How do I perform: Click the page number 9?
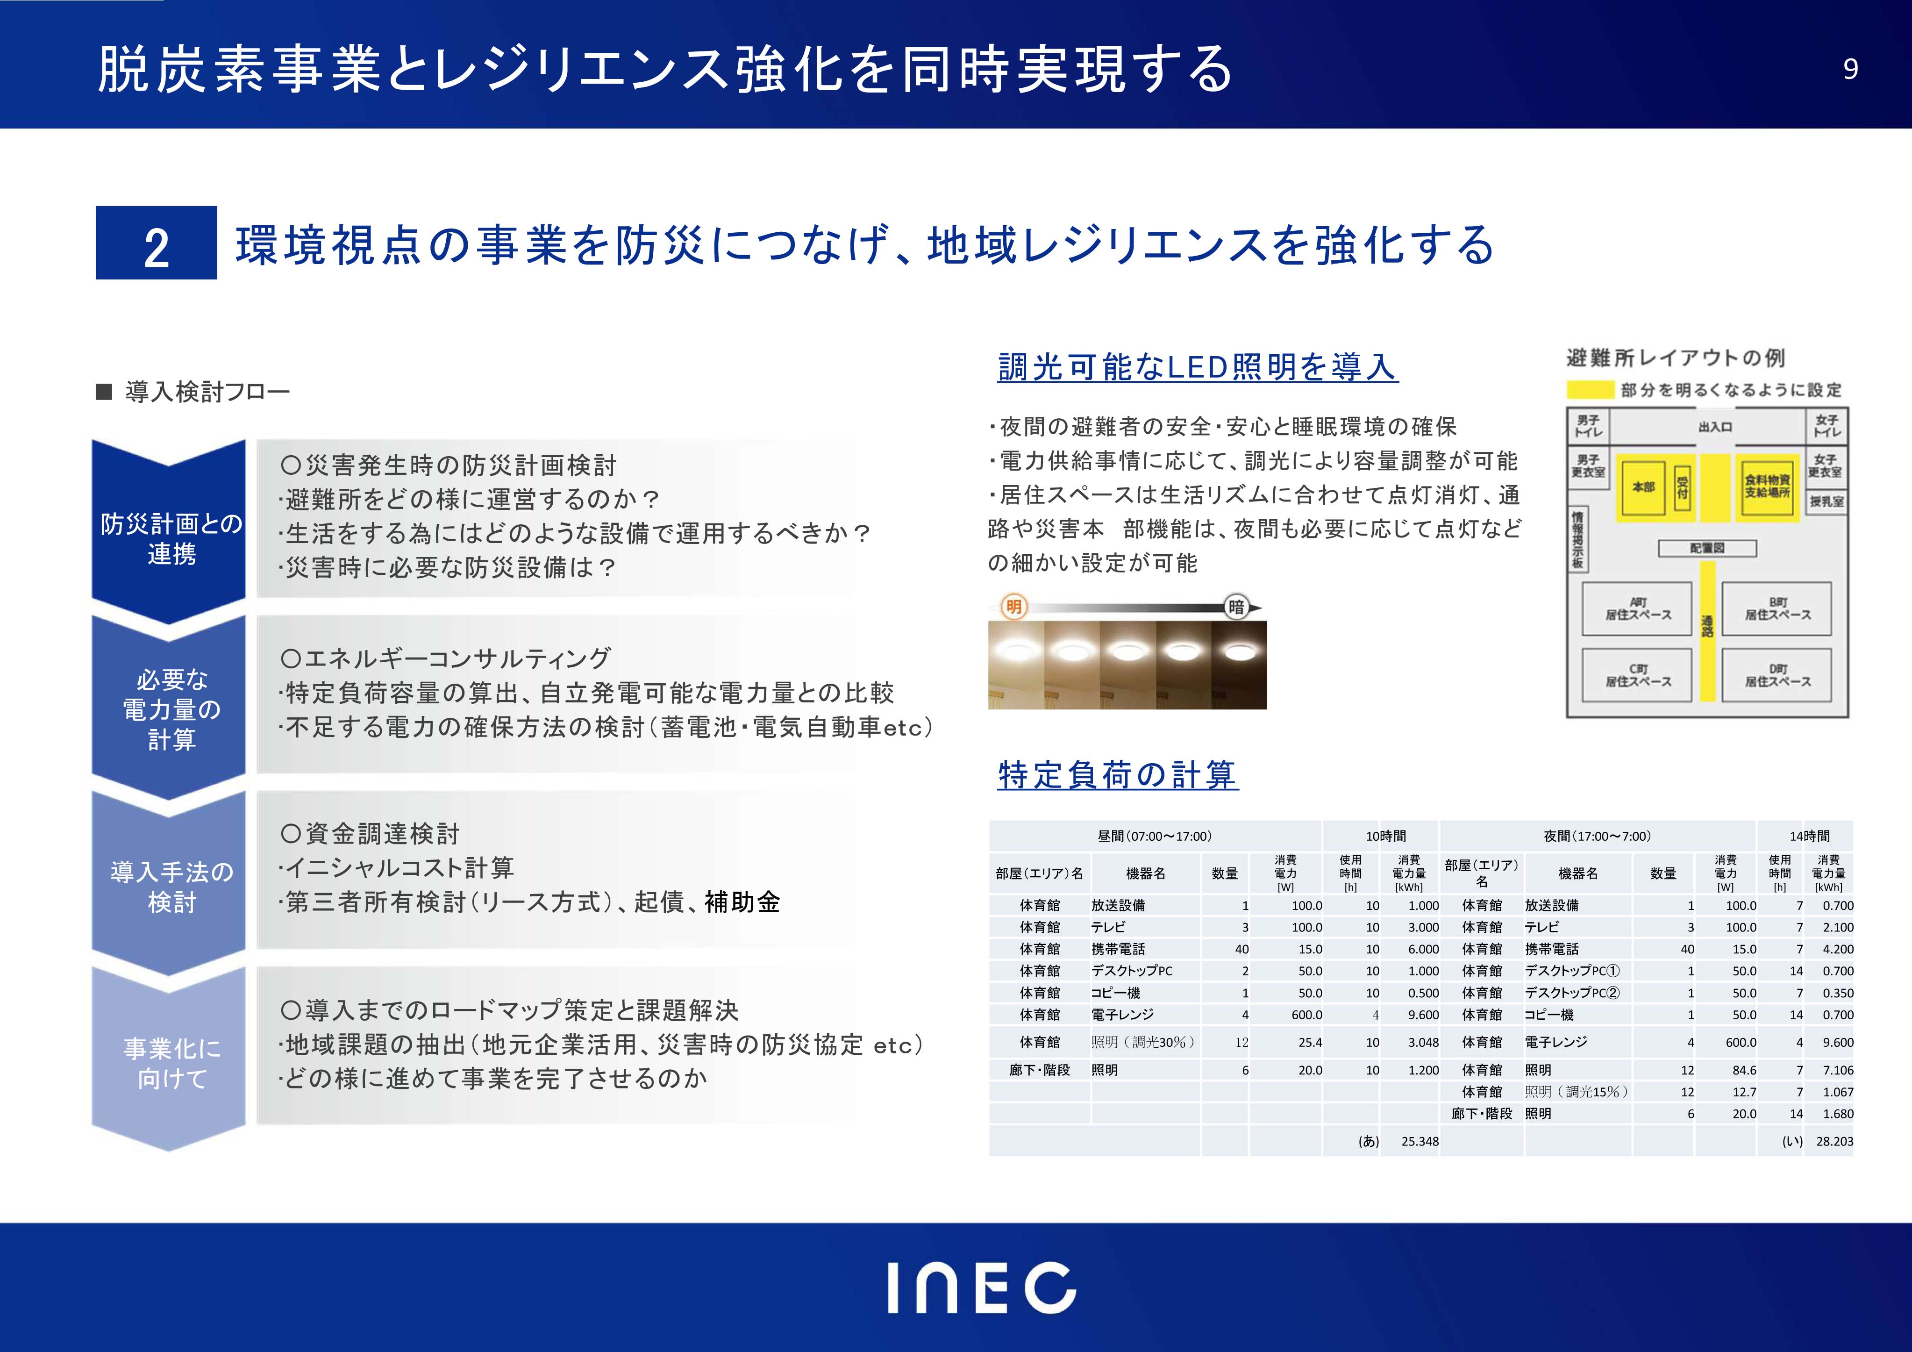[x=1849, y=69]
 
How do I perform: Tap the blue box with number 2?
[x=157, y=243]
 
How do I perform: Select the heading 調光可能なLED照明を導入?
[x=1198, y=366]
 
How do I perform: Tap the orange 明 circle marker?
[x=1013, y=607]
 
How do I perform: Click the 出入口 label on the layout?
[x=1715, y=427]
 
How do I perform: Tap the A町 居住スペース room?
[x=1638, y=609]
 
